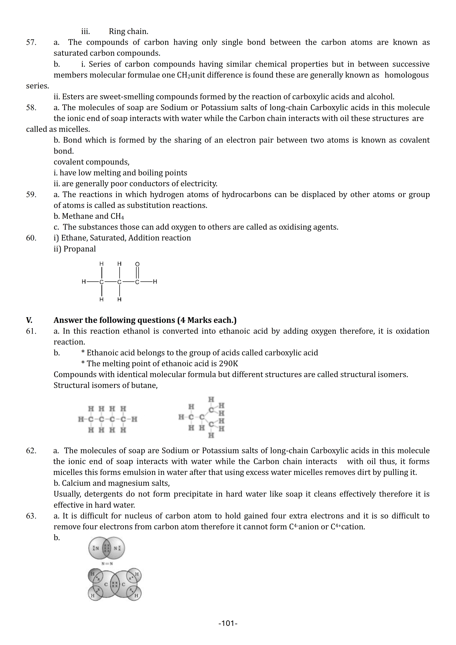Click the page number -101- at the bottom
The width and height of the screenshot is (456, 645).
[x=228, y=623]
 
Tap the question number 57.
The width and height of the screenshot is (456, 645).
[x=31, y=42]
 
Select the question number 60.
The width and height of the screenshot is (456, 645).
[x=31, y=238]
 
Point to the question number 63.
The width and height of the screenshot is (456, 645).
[x=31, y=516]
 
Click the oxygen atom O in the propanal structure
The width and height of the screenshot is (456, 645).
[x=137, y=264]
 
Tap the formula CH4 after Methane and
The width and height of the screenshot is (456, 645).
[x=117, y=216]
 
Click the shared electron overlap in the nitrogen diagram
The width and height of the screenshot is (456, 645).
[x=107, y=548]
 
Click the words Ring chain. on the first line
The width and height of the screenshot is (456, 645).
[x=128, y=31]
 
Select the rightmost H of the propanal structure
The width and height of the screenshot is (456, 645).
[x=155, y=281]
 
